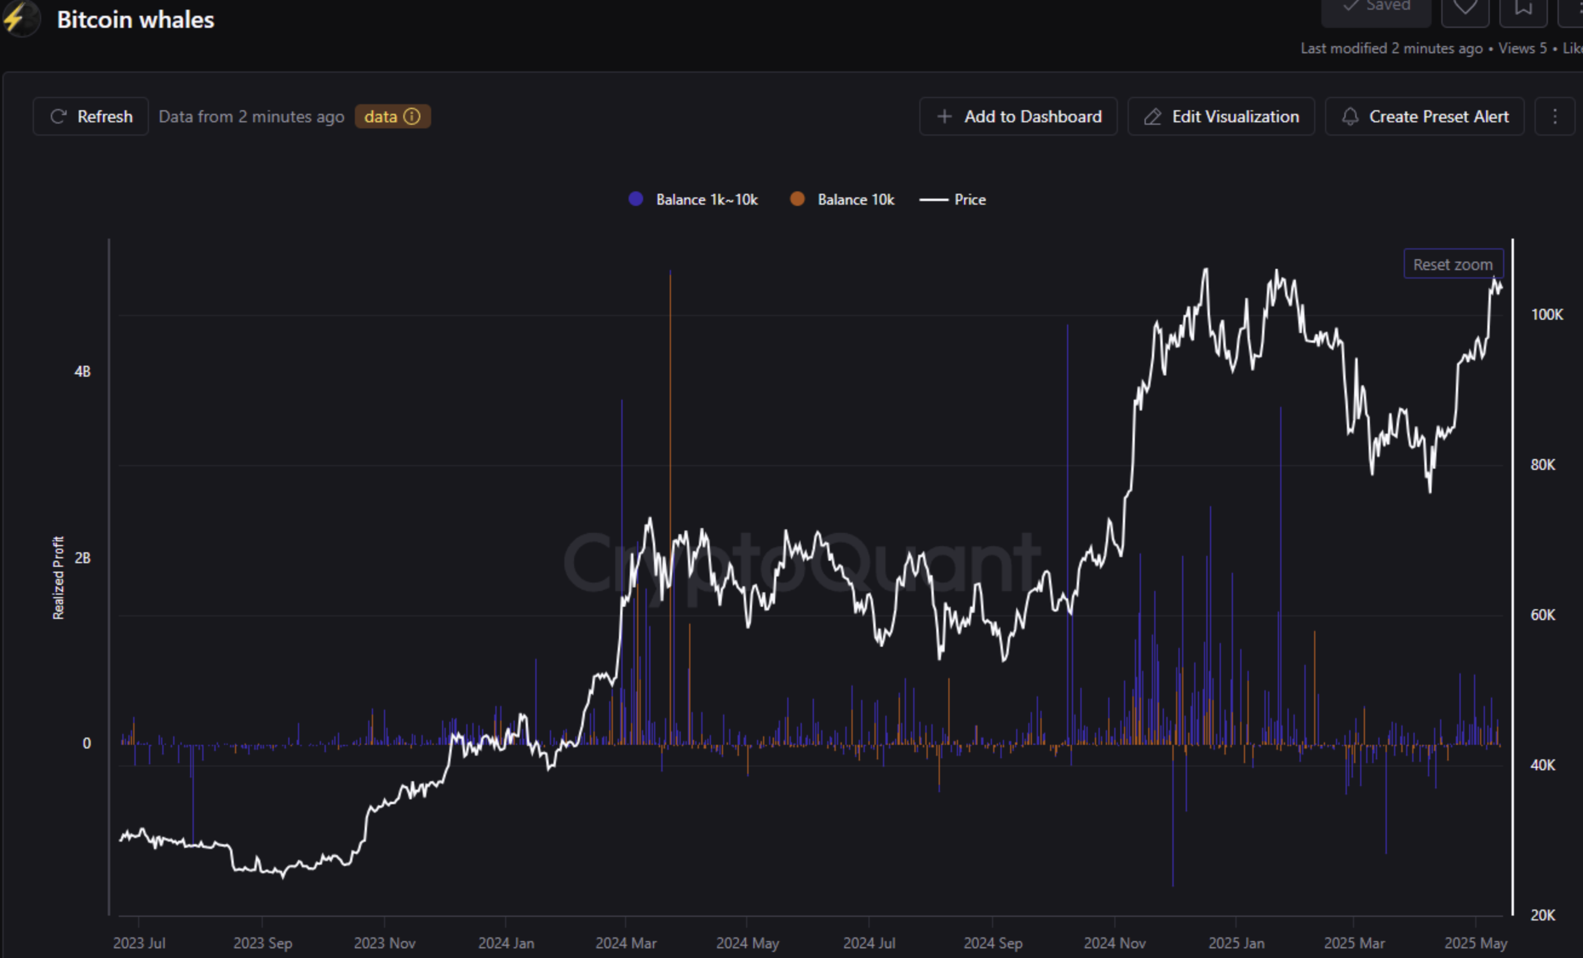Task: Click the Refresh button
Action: click(x=91, y=116)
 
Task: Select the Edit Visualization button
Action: click(x=1221, y=116)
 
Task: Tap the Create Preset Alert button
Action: click(x=1424, y=116)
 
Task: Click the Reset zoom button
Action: click(x=1453, y=264)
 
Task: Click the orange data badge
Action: click(x=392, y=116)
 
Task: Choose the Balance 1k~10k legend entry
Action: click(x=693, y=200)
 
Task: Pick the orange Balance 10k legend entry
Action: click(x=842, y=200)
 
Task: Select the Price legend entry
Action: click(x=953, y=200)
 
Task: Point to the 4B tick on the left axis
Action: click(x=82, y=371)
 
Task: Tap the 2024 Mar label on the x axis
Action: click(x=626, y=943)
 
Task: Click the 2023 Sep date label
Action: click(x=262, y=943)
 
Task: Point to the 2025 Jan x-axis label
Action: click(x=1236, y=943)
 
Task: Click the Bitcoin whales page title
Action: click(x=136, y=20)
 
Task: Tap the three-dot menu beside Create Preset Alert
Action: click(x=1555, y=116)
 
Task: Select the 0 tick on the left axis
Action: click(x=87, y=744)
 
